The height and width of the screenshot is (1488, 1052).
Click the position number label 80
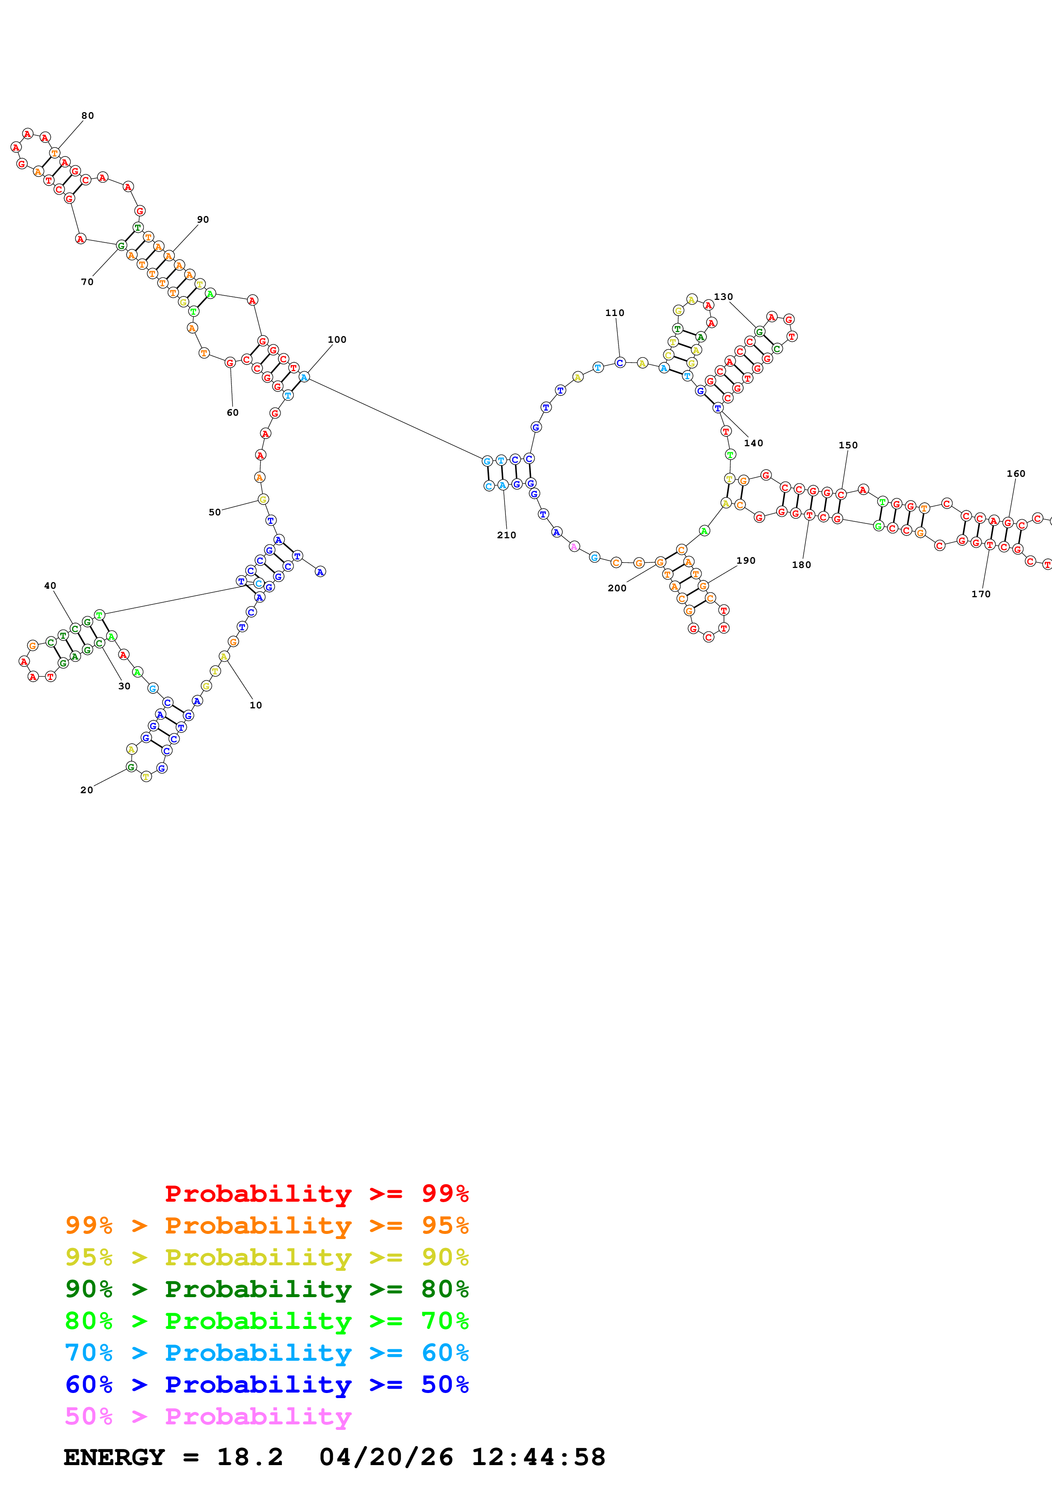coord(87,116)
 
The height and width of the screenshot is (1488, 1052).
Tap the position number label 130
coord(724,297)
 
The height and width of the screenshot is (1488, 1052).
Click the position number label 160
coord(1016,474)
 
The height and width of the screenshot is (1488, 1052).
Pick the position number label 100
coord(337,340)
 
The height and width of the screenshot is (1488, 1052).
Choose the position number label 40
coord(50,586)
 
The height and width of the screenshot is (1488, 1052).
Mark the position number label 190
coord(746,561)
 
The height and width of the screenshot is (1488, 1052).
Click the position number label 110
coord(614,313)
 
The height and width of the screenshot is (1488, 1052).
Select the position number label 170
coord(981,594)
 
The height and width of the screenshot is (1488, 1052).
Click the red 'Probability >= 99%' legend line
coord(316,1194)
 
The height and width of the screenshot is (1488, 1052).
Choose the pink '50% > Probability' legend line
coord(208,1417)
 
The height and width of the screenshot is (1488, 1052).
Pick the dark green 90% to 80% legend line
coord(267,1289)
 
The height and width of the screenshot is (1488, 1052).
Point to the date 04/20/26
coord(386,1457)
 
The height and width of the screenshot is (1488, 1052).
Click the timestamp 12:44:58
coord(538,1457)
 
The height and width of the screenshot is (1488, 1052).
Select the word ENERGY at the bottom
coord(114,1457)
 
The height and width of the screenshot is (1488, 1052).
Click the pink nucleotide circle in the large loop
coord(574,546)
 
